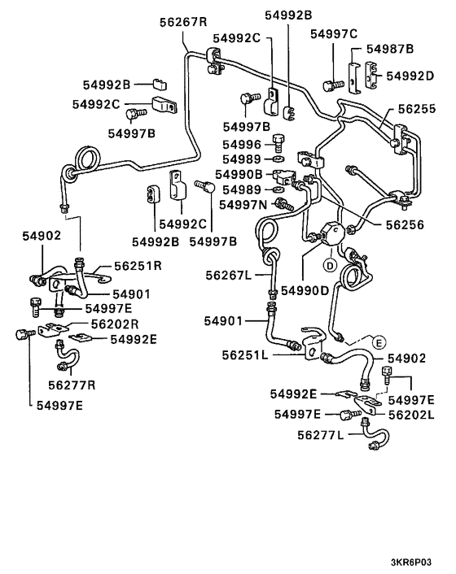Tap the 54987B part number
coord(389,50)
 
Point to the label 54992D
coord(410,76)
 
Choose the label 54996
coord(241,144)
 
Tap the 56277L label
coord(323,436)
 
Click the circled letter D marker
coord(331,265)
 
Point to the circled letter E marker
coord(379,342)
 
